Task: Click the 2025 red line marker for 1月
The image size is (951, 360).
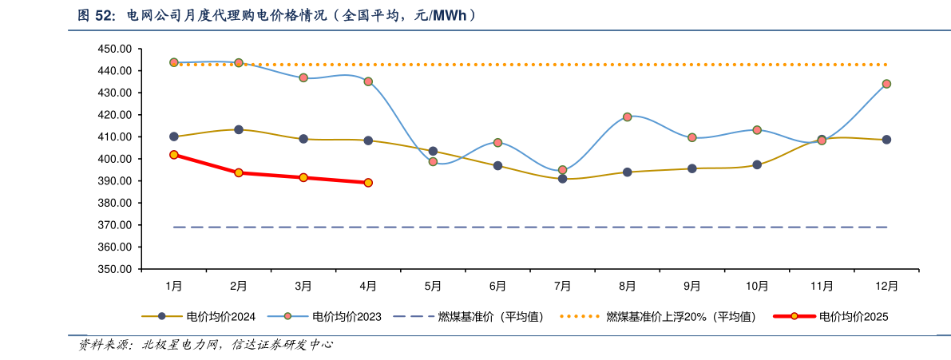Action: [174, 155]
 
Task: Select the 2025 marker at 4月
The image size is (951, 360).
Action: [368, 183]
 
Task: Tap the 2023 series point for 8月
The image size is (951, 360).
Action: [628, 117]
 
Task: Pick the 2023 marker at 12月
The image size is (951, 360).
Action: [886, 84]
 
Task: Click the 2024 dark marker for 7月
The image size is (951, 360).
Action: [562, 179]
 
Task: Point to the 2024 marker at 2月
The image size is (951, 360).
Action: [239, 129]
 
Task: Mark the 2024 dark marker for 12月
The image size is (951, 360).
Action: [886, 140]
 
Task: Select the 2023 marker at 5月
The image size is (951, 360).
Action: [433, 161]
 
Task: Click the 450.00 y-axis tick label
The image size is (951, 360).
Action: [115, 49]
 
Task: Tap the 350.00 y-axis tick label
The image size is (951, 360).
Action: [115, 269]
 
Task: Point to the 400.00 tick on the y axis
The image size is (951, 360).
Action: [115, 159]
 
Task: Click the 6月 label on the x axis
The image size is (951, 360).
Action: [497, 286]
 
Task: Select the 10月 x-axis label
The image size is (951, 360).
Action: [757, 286]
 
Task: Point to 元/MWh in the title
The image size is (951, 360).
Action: [446, 15]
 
